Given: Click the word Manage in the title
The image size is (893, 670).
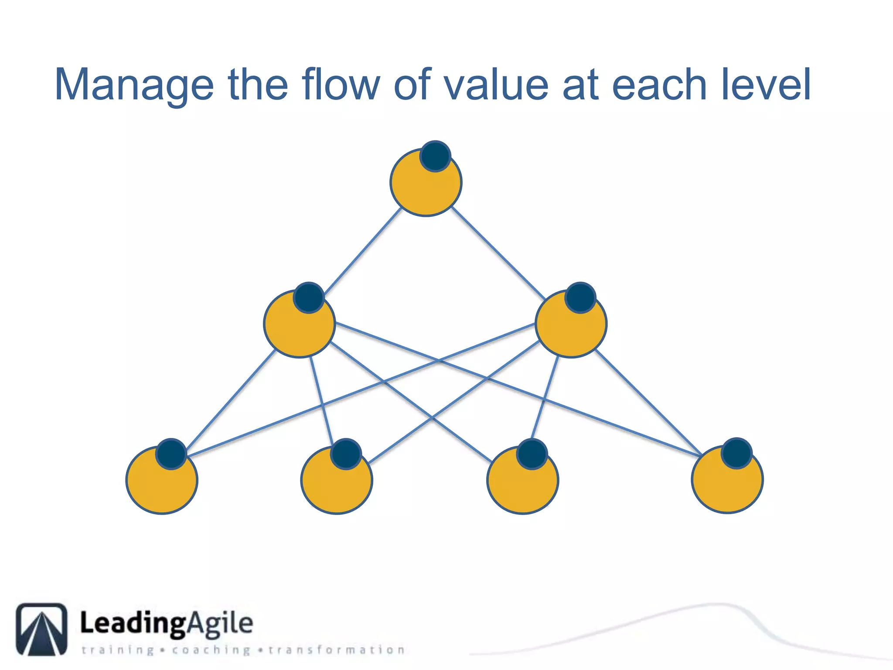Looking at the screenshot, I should pyautogui.click(x=134, y=85).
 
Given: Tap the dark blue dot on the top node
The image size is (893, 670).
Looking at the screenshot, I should pyautogui.click(x=435, y=156).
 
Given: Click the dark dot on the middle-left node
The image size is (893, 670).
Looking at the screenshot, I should pyautogui.click(x=309, y=297).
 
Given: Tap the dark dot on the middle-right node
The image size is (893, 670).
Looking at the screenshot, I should pyautogui.click(x=580, y=297).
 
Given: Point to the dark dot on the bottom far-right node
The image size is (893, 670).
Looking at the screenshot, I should pyautogui.click(x=736, y=453).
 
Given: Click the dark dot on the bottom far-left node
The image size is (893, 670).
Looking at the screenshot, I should pyautogui.click(x=171, y=454).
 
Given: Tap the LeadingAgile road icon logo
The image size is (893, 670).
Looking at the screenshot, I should pyautogui.click(x=42, y=629).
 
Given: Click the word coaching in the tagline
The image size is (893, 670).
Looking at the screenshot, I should pyautogui.click(x=211, y=650).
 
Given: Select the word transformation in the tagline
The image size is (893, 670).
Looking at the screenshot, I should pyautogui.click(x=337, y=650).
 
